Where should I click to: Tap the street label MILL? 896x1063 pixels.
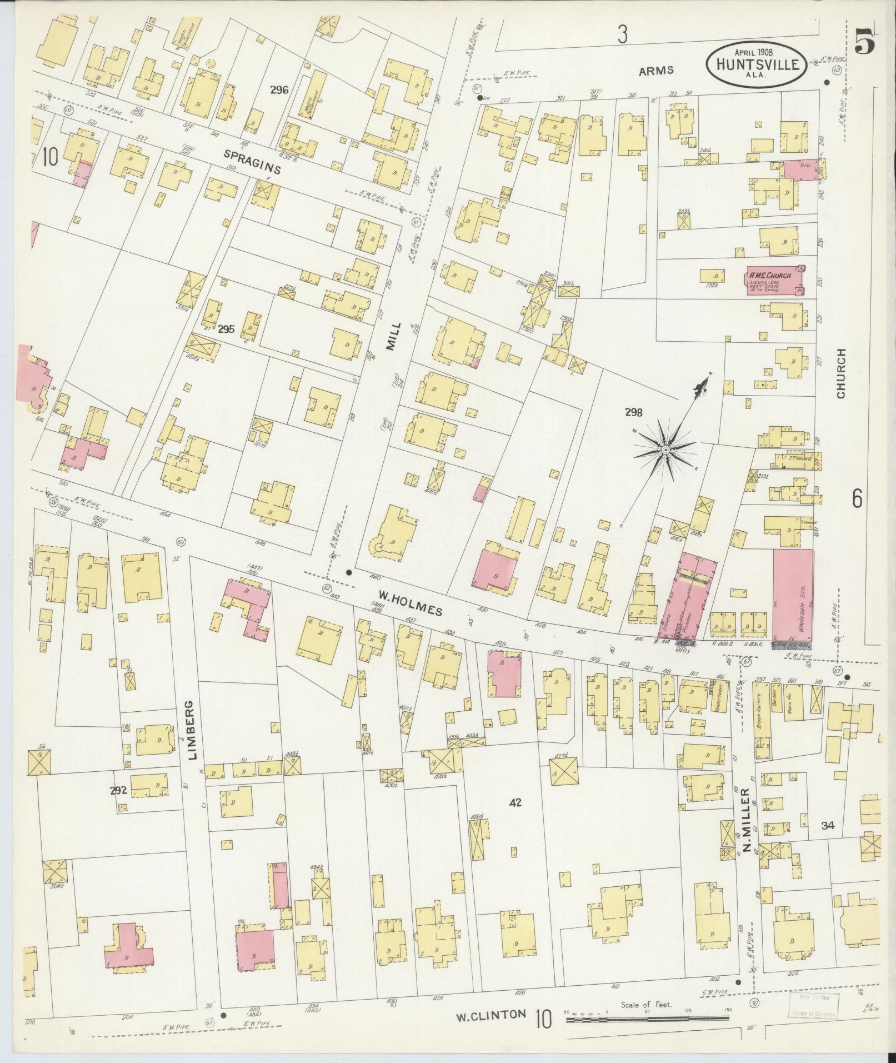coord(392,337)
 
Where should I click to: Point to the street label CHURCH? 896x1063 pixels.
coord(840,373)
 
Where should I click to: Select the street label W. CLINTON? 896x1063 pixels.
coord(490,1015)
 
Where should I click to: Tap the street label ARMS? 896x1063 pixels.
coord(656,70)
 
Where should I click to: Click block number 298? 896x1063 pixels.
coord(633,412)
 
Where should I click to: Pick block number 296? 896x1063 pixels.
coord(279,89)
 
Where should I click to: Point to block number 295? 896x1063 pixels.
coord(226,329)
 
